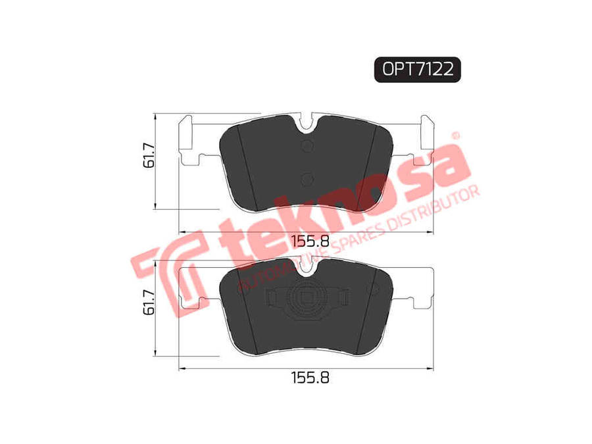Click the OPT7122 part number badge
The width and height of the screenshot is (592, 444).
click(417, 70)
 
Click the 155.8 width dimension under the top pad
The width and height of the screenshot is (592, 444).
click(310, 241)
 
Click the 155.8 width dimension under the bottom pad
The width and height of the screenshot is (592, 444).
click(310, 377)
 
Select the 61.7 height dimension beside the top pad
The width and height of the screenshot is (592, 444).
click(149, 155)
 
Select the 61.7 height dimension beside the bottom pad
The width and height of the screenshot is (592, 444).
click(149, 303)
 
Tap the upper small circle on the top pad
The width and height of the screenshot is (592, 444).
click(308, 146)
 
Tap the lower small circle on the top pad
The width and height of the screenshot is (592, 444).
click(308, 178)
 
